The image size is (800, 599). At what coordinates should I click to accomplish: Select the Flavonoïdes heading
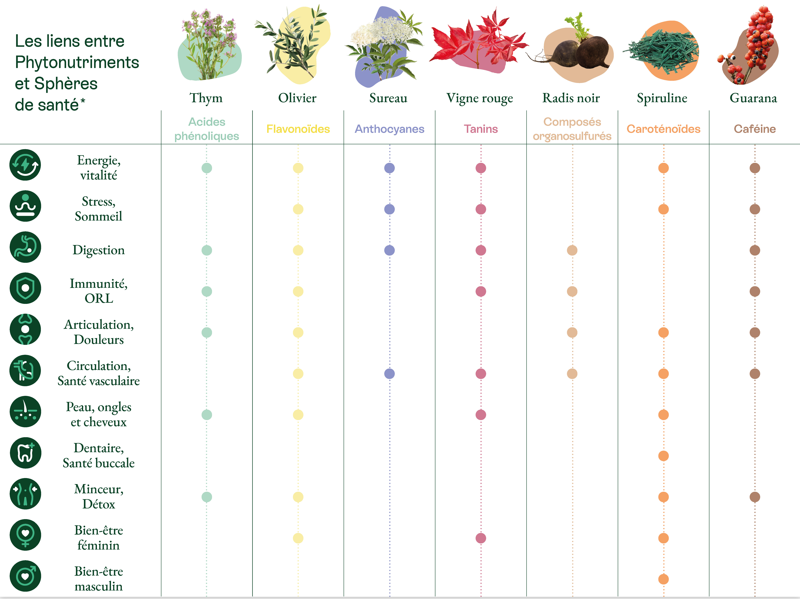[x=298, y=129]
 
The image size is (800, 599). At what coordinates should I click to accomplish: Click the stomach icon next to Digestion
[x=25, y=247]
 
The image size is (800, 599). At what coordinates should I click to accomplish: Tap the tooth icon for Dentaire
[x=25, y=453]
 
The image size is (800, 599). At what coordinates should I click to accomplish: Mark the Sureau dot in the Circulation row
[x=389, y=373]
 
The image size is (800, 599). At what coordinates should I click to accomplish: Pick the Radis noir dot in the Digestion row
[x=572, y=250]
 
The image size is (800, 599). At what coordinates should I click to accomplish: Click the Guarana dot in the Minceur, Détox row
[x=755, y=497]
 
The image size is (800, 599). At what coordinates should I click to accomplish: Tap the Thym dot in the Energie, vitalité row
[x=206, y=168]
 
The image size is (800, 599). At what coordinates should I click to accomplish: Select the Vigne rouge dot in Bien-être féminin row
[x=481, y=538]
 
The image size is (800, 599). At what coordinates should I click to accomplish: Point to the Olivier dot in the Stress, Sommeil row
[x=298, y=209]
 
